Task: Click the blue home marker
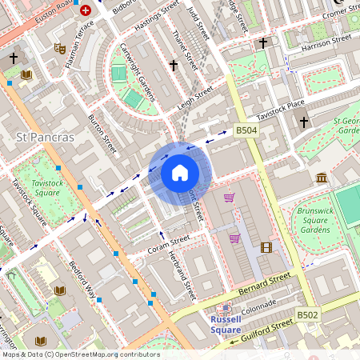180,173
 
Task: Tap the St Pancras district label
45,138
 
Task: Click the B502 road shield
308,315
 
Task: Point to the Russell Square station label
231,323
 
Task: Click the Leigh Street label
197,98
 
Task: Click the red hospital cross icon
86,12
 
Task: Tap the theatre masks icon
58,48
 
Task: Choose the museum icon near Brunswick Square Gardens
321,177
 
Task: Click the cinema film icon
266,247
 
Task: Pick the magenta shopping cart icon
235,238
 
